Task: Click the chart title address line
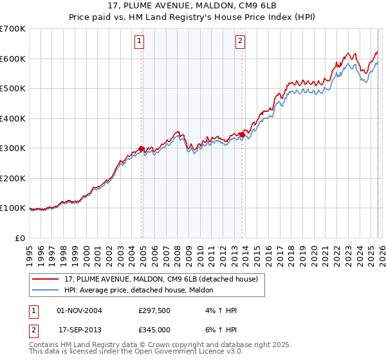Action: point(192,6)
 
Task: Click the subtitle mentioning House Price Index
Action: point(192,17)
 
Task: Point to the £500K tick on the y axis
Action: point(13,88)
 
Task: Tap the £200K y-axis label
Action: point(13,178)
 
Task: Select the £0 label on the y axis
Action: point(21,238)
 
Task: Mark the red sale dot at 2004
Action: point(142,148)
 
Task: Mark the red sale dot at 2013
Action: point(242,134)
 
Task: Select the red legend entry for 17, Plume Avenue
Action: point(161,279)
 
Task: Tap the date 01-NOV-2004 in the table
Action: point(79,310)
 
